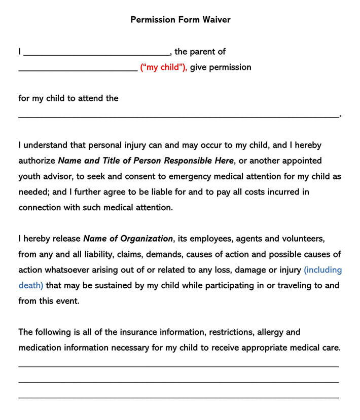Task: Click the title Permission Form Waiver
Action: point(180,20)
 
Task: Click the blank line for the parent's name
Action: point(96,54)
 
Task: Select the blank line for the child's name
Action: point(77,70)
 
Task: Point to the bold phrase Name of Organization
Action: point(128,239)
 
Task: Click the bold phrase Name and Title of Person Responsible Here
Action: point(146,161)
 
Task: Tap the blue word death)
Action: point(31,285)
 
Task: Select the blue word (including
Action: point(322,270)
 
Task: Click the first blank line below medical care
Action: point(178,366)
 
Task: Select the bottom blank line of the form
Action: point(178,398)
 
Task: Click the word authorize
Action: point(37,161)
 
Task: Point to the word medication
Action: point(42,348)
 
